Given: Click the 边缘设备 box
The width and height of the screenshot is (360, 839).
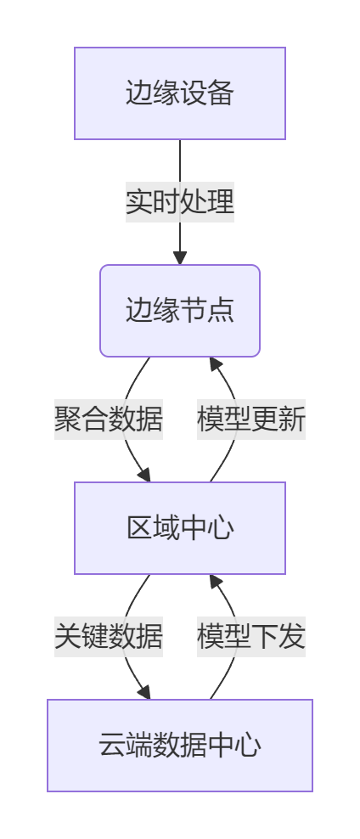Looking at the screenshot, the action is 180,93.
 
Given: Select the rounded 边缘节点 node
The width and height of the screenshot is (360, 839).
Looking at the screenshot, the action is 180,311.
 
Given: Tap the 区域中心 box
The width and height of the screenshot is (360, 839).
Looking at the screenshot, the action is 180,528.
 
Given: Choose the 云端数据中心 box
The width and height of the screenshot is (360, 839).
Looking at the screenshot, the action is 180,746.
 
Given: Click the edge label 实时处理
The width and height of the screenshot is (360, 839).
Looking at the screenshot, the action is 180,202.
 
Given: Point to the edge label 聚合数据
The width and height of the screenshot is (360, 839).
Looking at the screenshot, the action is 109,419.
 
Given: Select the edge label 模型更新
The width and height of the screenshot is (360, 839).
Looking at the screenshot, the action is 251,419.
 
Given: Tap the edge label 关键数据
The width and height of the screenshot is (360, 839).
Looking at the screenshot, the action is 109,636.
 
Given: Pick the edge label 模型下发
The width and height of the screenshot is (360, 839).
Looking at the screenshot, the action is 251,636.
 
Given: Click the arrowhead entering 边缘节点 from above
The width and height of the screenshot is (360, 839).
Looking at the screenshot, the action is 180,257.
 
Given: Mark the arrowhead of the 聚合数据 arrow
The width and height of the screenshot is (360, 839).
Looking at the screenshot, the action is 144,475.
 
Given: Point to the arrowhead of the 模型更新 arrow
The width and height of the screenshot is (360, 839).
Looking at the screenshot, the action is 215,364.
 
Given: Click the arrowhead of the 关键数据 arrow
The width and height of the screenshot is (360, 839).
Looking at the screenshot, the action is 144,692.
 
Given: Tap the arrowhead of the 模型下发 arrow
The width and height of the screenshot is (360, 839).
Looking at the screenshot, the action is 215,582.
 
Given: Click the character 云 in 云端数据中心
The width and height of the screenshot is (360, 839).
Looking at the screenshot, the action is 112,746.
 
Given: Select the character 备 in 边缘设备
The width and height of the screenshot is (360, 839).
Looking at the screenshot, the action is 221,93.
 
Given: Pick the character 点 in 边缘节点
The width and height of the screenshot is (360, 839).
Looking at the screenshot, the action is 221,311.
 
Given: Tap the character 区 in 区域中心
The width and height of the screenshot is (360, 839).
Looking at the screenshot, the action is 139,528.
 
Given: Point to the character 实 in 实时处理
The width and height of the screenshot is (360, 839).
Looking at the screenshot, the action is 139,202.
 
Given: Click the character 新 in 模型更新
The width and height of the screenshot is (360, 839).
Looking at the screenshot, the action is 292,419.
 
